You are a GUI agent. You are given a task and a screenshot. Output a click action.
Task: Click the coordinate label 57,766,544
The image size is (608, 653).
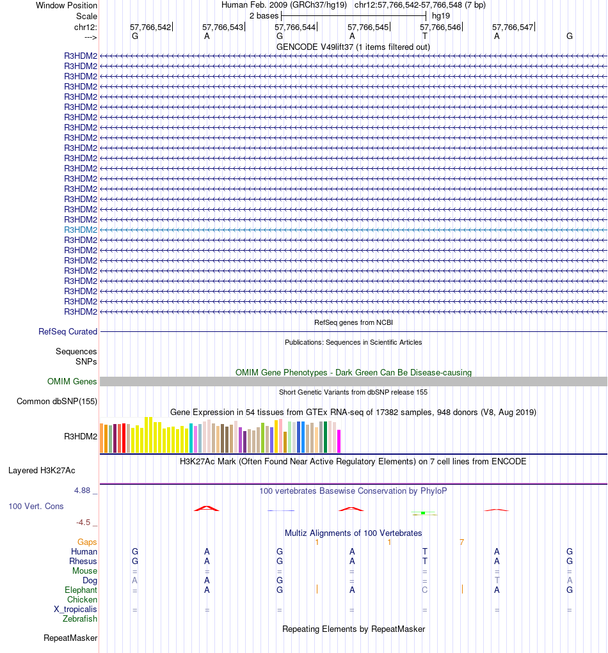[x=295, y=28]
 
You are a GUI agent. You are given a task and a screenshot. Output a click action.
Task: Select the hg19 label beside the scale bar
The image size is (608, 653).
[x=440, y=15]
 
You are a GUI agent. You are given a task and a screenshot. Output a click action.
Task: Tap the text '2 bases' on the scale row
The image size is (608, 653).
[x=264, y=15]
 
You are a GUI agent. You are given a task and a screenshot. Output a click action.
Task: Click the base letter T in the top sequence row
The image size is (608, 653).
[x=424, y=36]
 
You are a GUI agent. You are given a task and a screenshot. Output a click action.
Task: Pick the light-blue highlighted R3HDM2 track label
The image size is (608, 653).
[x=81, y=230]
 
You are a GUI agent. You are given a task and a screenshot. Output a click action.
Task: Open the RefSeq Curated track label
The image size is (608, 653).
[x=68, y=332]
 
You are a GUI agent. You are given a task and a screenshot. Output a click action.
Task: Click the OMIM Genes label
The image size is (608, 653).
[x=72, y=382]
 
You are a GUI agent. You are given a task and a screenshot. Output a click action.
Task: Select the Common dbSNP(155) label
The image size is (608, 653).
[x=57, y=402]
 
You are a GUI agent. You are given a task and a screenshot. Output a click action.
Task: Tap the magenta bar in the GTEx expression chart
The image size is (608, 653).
[x=339, y=441]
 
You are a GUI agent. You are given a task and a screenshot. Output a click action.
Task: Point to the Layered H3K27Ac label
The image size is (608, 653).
[x=42, y=471]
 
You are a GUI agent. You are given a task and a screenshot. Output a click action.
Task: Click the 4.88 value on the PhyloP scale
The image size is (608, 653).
[x=84, y=491]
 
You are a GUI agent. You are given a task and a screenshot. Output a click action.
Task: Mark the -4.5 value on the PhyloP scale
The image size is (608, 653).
[x=86, y=523]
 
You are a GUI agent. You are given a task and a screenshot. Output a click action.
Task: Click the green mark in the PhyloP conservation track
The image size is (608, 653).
[x=423, y=513]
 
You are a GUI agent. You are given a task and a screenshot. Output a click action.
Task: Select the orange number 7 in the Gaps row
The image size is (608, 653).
[x=461, y=542]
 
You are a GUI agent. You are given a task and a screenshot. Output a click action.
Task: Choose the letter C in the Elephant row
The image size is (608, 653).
[x=424, y=590]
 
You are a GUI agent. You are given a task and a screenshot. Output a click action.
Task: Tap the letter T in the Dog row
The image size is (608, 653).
[x=497, y=581]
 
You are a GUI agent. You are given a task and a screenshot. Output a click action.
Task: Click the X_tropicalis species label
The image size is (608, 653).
[x=76, y=610]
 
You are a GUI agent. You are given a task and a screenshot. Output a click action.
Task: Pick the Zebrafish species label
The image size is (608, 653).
[x=80, y=619]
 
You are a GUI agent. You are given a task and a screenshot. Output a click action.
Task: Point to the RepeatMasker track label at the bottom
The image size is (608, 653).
[x=70, y=638]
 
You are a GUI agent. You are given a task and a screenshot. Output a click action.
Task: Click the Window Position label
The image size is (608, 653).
[x=67, y=5]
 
